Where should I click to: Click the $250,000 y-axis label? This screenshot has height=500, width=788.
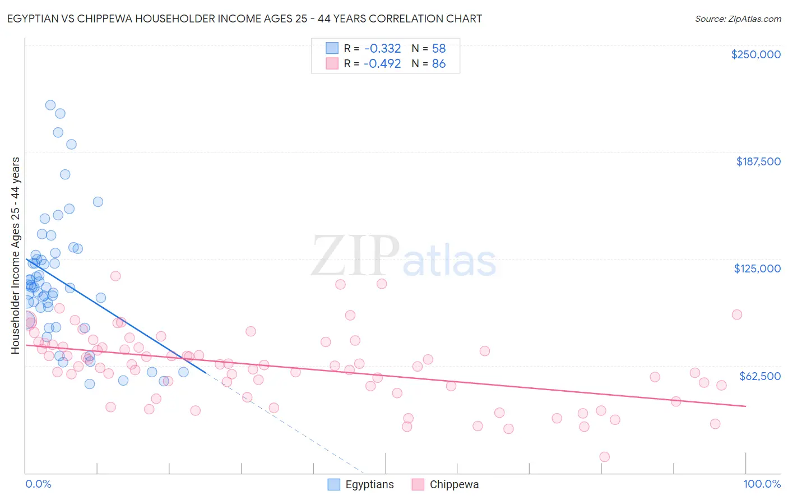click(755, 54)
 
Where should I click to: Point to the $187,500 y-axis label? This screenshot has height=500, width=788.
click(758, 161)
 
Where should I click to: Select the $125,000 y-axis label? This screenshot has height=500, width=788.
click(757, 268)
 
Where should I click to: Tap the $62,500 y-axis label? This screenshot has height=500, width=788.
click(759, 376)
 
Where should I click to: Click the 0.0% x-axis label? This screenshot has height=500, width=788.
click(38, 484)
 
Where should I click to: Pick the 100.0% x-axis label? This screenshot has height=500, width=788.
click(762, 484)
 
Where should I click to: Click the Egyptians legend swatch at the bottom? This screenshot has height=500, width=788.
click(334, 484)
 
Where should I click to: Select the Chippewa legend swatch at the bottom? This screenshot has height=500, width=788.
click(418, 484)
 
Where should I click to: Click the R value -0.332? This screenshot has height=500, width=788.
click(382, 48)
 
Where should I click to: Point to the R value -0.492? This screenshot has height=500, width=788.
click(382, 64)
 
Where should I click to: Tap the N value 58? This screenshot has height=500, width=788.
click(438, 48)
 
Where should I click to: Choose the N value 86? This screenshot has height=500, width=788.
click(438, 64)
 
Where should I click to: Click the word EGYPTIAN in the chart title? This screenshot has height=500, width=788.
click(35, 18)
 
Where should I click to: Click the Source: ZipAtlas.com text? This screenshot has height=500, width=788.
click(738, 18)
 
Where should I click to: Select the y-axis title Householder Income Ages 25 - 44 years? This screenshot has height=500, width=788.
click(15, 256)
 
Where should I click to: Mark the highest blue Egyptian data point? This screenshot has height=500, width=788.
click(50, 105)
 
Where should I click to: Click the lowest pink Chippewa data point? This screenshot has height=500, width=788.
click(604, 457)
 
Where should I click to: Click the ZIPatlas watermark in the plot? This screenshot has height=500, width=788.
click(404, 257)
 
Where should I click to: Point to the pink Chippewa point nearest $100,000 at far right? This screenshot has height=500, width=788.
click(737, 314)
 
